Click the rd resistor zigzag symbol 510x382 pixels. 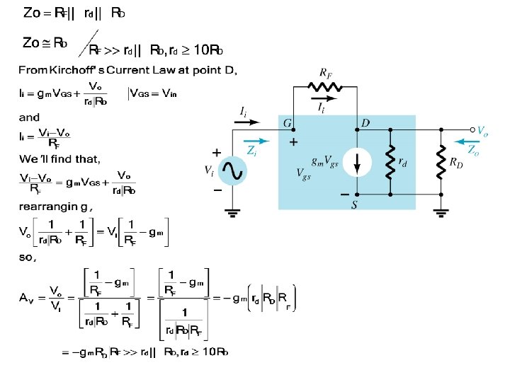[x=390, y=163]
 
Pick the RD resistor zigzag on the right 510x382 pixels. [x=441, y=163]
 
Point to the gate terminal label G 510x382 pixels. [x=288, y=124]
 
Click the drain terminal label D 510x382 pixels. [x=365, y=124]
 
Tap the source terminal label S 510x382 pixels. [x=356, y=204]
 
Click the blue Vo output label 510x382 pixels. [x=482, y=131]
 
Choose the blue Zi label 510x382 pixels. [x=251, y=150]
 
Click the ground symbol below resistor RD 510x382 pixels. [x=441, y=213]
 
